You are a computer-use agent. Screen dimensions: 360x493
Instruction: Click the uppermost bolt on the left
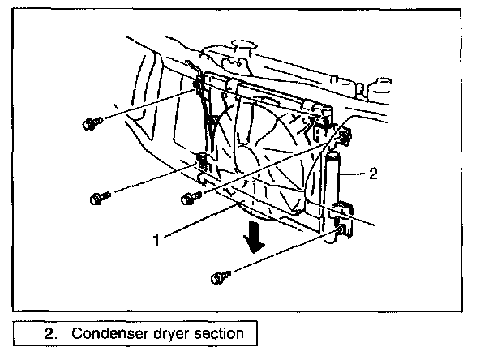click(x=90, y=123)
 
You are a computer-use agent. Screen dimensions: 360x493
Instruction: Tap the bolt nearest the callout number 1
click(x=189, y=197)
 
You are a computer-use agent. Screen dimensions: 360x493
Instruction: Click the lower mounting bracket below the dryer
click(x=343, y=233)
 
